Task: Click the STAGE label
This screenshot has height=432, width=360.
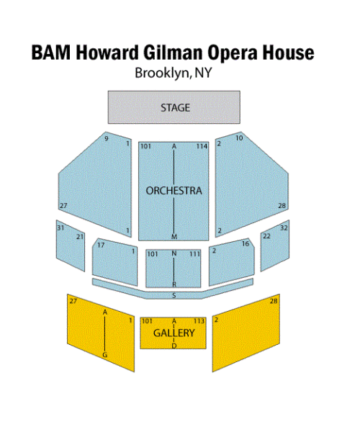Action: pos(175,107)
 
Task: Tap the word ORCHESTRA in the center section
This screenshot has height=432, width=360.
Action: pos(174,191)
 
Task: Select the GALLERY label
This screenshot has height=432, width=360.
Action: pos(174,333)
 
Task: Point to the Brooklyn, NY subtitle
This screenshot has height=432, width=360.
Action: pos(174,73)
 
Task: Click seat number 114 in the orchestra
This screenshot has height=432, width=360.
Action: pos(202,146)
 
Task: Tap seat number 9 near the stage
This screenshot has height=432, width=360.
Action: pos(107,138)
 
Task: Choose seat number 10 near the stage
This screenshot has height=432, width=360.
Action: pos(239,138)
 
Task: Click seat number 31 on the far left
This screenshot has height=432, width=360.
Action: pos(60,228)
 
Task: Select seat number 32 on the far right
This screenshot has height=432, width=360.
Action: pos(284,228)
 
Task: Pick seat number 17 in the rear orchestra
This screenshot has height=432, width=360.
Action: pos(101,245)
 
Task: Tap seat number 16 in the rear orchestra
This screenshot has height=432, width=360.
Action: pos(246,243)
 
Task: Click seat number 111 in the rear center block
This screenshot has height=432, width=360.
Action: pos(194,253)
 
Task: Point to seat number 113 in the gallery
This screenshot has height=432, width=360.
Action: pos(199,321)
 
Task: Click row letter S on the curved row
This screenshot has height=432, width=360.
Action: pos(174,296)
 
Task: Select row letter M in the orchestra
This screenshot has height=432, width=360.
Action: pos(174,236)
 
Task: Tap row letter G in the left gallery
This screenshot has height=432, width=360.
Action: pos(104,355)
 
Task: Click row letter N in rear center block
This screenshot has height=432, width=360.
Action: pos(174,253)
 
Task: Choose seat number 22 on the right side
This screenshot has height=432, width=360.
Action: pos(266,236)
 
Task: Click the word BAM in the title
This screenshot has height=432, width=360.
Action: pos(51,53)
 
